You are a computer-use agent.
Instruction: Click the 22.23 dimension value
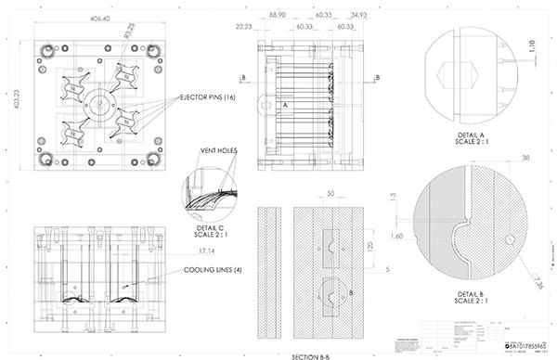coord(244,28)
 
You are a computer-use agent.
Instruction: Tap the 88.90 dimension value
coord(276,17)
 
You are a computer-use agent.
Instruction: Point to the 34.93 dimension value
coord(357,17)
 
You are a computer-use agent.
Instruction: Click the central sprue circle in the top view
coord(97,104)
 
